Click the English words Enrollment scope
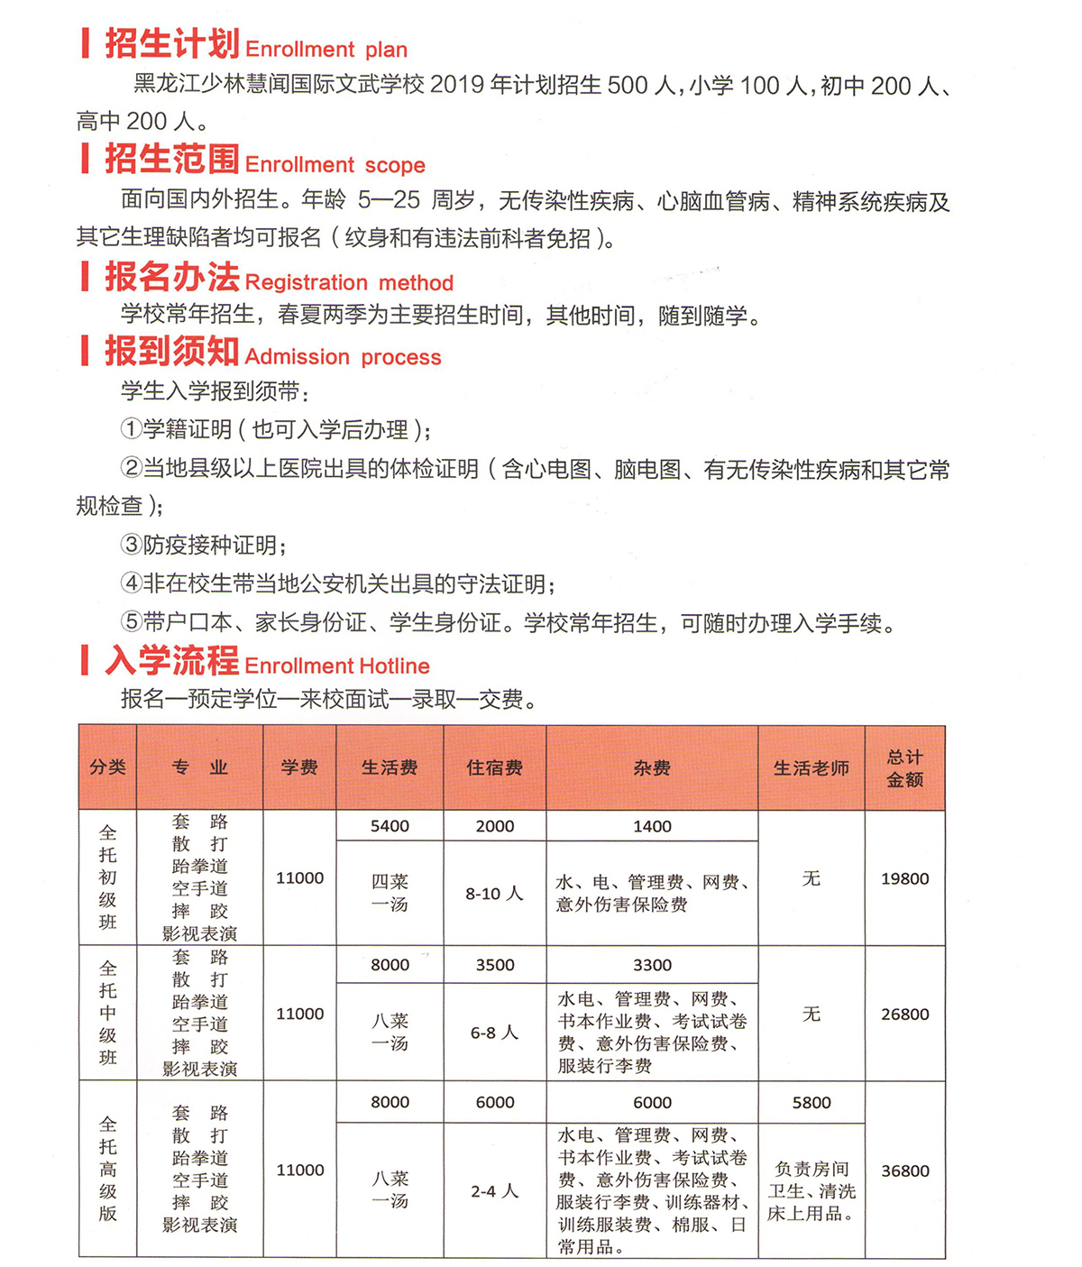tap(335, 165)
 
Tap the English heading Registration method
tap(349, 283)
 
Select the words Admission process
tap(343, 357)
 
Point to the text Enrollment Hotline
tap(336, 666)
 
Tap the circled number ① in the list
tap(132, 429)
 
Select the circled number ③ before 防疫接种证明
tap(132, 545)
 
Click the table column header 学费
tap(299, 767)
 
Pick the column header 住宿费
tap(494, 767)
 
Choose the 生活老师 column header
tap(811, 768)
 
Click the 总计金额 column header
tap(904, 768)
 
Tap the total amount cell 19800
tap(904, 878)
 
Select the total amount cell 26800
tap(904, 1014)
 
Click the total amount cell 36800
tap(904, 1171)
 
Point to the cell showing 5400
tap(390, 826)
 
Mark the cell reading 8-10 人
tap(494, 894)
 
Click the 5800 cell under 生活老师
tap(811, 1102)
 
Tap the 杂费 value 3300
tap(652, 965)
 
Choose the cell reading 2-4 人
tap(494, 1191)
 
